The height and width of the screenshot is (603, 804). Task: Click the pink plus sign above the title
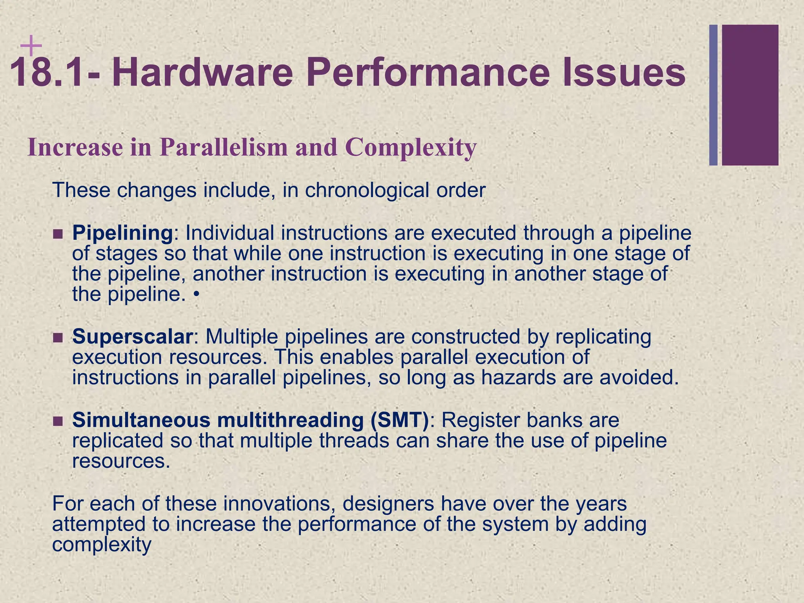click(x=31, y=46)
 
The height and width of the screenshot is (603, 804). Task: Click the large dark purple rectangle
click(x=750, y=95)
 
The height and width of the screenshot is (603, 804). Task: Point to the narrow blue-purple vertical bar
click(x=713, y=95)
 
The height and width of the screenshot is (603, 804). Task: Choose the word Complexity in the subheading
click(x=410, y=148)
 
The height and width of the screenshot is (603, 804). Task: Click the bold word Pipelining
click(x=122, y=233)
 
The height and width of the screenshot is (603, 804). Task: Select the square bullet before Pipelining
click(x=58, y=234)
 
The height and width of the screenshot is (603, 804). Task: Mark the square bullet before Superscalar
click(x=58, y=338)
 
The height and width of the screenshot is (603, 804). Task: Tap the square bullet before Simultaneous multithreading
click(x=58, y=422)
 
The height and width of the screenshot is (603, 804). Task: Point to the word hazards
click(x=519, y=378)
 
